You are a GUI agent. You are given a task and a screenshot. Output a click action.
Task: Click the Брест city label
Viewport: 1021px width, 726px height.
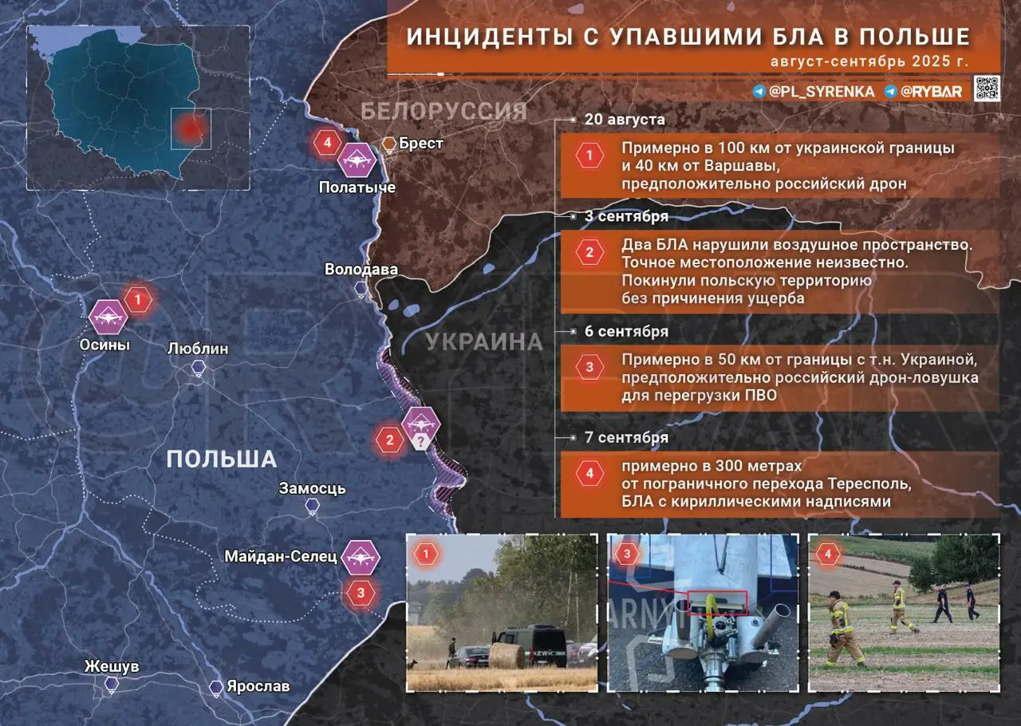tap(422, 144)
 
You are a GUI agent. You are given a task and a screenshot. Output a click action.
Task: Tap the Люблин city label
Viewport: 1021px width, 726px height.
tap(198, 349)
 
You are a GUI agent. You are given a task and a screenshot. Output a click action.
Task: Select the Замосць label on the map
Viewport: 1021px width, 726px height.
tap(312, 487)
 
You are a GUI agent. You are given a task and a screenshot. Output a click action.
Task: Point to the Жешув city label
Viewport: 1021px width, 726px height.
tap(112, 666)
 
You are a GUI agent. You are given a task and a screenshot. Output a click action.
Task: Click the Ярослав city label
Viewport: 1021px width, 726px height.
tap(258, 686)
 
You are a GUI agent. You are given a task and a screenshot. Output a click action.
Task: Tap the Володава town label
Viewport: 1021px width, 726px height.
tap(361, 270)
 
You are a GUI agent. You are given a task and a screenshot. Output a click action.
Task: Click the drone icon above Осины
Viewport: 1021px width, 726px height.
tap(108, 317)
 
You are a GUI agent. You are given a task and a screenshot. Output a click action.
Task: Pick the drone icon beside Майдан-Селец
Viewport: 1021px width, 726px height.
tap(360, 556)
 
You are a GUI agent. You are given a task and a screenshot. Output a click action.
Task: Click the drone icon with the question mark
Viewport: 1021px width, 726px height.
tap(420, 423)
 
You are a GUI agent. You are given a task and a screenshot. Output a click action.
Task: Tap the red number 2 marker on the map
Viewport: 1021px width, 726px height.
tap(390, 440)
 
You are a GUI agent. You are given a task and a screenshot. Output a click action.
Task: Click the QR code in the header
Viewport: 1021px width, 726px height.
tap(987, 89)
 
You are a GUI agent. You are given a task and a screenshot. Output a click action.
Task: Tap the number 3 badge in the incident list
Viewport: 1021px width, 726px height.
tap(589, 367)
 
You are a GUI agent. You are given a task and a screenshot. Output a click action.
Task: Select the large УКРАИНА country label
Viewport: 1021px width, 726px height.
tap(483, 342)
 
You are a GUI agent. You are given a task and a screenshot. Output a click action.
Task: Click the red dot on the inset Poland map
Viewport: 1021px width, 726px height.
tap(190, 128)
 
